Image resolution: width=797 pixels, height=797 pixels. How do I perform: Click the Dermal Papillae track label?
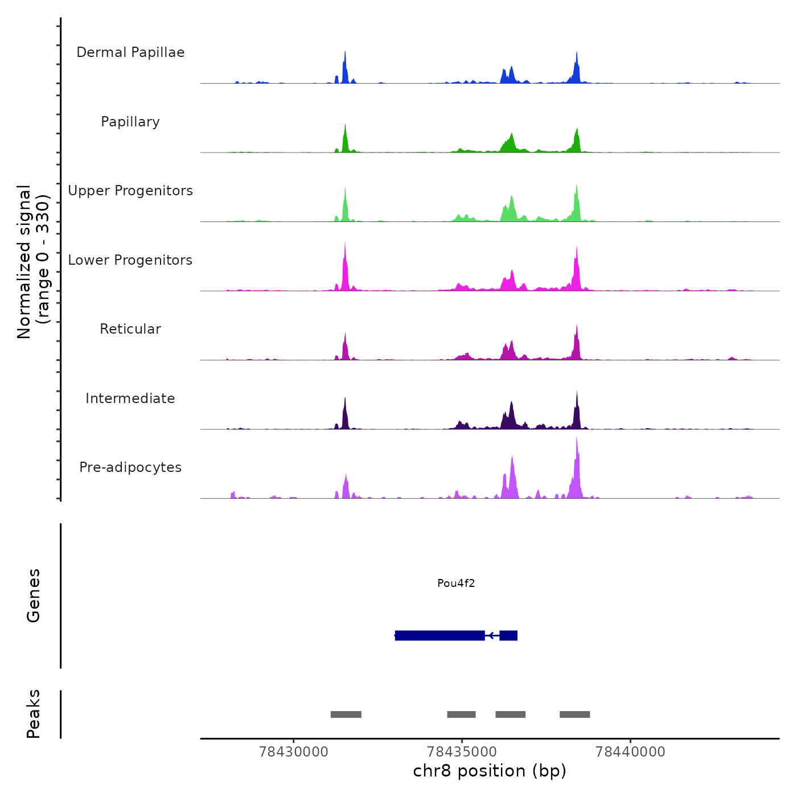pos(130,52)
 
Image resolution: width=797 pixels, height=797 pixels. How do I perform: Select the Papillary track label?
pos(130,122)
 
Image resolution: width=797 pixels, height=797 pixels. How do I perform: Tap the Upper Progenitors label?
pos(130,191)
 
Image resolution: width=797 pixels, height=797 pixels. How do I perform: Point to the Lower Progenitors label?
pos(130,260)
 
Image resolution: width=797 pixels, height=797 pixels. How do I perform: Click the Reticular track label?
pos(130,329)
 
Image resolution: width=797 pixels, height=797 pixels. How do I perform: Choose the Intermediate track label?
pos(130,398)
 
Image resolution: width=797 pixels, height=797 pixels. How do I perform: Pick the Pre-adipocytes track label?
pos(130,467)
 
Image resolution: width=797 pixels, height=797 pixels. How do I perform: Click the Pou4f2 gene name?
pos(456,583)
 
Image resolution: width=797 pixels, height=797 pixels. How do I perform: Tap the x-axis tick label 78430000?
pos(294,752)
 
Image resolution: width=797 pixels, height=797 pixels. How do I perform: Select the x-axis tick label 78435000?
pos(462,752)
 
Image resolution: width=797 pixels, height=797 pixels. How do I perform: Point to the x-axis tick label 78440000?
pos(630,752)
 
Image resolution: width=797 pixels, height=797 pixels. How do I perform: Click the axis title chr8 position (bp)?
pos(490,771)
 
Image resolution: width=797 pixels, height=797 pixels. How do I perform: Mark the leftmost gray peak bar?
pos(346,714)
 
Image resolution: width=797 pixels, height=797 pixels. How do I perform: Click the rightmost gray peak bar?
pos(574,714)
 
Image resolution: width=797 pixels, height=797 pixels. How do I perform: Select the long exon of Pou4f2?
pos(440,635)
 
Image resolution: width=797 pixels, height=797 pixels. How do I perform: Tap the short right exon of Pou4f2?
pos(508,635)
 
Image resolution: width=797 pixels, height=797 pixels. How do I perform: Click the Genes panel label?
pos(34,595)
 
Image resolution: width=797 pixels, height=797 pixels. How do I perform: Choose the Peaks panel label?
pos(34,714)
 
